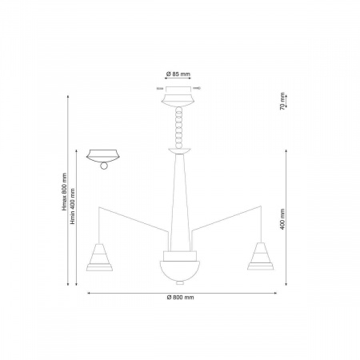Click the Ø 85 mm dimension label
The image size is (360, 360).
[178, 74]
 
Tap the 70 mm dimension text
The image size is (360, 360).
[282, 101]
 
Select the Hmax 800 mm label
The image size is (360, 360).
[64, 191]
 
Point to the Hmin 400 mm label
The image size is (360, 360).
[73, 206]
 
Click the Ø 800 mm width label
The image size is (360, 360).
[180, 297]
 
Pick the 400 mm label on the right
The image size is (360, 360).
[282, 219]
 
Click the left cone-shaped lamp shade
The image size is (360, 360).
[99, 257]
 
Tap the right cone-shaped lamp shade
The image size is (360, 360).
[261, 256]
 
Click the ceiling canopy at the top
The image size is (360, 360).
[178, 97]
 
